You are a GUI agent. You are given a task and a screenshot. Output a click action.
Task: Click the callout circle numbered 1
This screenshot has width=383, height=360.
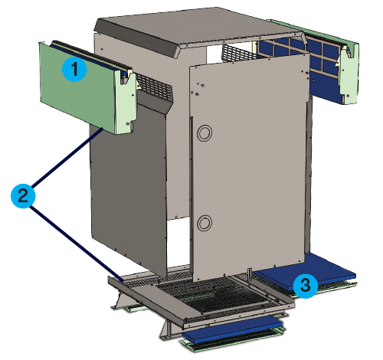click(74, 69)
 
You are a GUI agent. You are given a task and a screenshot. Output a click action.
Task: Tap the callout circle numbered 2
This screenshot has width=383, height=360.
click(24, 195)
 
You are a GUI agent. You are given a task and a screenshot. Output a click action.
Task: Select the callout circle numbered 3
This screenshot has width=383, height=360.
click(305, 286)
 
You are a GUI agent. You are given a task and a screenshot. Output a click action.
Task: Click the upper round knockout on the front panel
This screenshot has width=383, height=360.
click(205, 133)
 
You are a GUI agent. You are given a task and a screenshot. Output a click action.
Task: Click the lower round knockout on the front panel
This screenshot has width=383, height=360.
click(205, 224)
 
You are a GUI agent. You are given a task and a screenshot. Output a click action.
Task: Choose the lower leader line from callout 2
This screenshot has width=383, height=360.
click(73, 234)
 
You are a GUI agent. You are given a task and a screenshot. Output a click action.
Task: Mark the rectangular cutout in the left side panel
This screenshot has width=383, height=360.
click(177, 245)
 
